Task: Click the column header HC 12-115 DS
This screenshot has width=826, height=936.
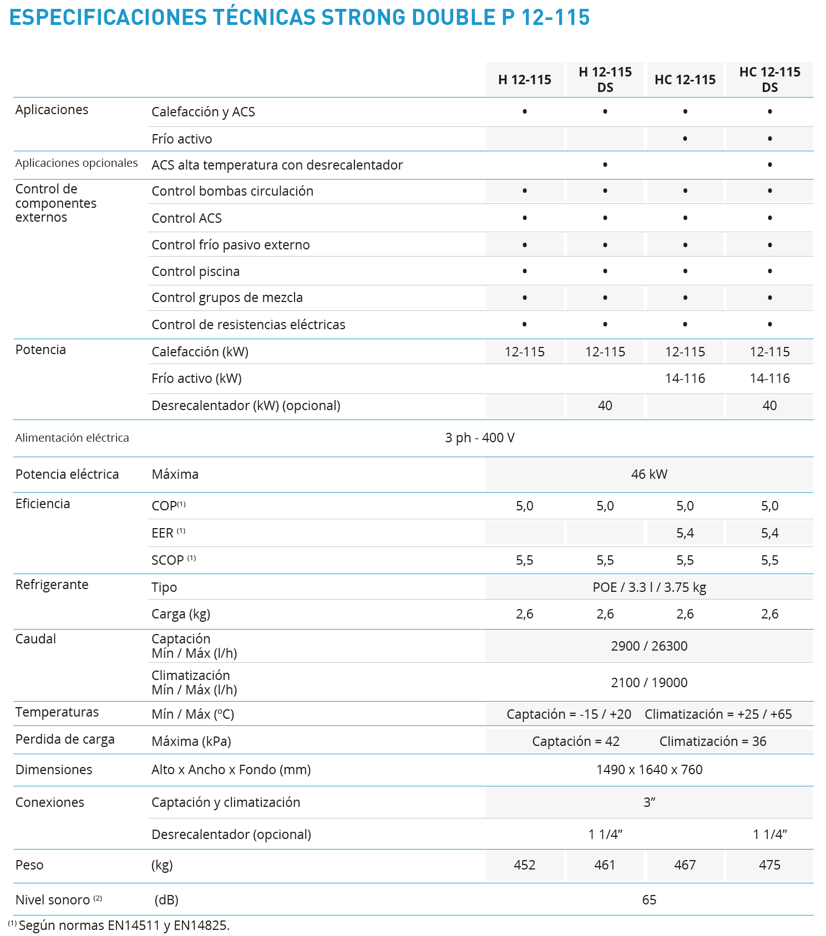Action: [x=769, y=80]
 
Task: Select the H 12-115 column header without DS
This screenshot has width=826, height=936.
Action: [x=524, y=80]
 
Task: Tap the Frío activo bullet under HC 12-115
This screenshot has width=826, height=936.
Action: [x=685, y=139]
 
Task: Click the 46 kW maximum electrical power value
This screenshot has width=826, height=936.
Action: [x=649, y=474]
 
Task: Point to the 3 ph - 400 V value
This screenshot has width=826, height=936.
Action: [x=479, y=438]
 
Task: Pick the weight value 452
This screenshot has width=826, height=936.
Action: [x=524, y=865]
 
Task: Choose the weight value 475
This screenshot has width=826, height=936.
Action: [x=769, y=865]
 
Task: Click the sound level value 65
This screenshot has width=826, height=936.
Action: [x=649, y=900]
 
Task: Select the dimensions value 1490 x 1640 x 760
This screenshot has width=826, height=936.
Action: [x=649, y=770]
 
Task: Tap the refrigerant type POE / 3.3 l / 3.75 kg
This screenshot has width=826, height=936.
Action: [x=649, y=587]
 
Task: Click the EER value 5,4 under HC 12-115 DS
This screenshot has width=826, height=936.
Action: [x=769, y=533]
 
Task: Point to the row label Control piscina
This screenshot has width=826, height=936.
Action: [x=196, y=272]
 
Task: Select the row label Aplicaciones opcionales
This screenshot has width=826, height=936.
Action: [x=77, y=163]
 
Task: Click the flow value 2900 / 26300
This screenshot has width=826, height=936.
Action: [x=649, y=646]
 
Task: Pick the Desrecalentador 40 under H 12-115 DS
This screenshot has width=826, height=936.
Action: [x=605, y=406]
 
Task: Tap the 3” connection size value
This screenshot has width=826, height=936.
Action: [x=649, y=802]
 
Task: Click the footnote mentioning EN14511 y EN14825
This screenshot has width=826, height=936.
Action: [x=123, y=925]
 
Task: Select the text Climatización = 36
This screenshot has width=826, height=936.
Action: [x=713, y=741]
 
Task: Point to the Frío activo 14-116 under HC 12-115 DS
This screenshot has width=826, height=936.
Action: [x=769, y=379]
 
